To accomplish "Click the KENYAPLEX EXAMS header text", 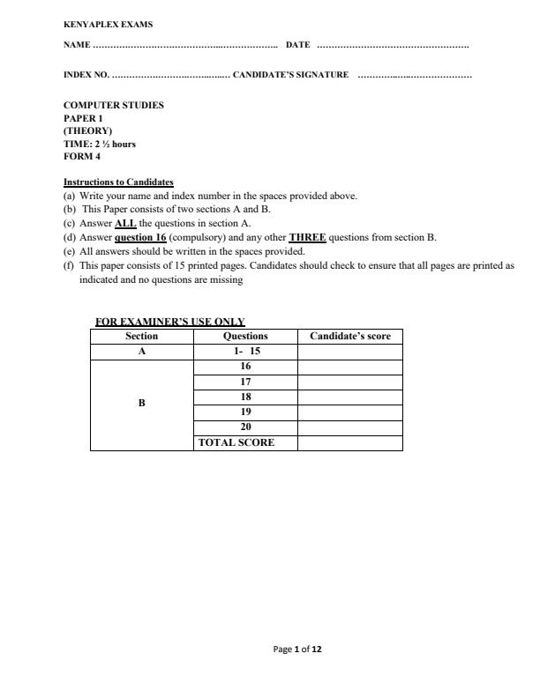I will click(101, 25).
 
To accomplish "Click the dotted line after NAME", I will click(184, 45).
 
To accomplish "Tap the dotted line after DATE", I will click(393, 45).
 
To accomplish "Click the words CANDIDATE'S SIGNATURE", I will click(291, 75).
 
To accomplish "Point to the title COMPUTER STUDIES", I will click(114, 105).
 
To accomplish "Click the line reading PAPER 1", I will click(83, 117).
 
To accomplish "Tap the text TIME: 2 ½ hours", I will click(100, 144).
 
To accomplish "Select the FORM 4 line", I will click(82, 156).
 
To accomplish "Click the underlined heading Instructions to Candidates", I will click(118, 182).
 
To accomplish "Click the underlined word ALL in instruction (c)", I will click(125, 224).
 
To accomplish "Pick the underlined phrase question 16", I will click(140, 237).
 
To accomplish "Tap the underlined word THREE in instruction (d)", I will click(308, 237).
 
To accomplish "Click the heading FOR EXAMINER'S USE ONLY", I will click(170, 322).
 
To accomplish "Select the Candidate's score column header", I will click(350, 336).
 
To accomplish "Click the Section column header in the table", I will click(141, 336).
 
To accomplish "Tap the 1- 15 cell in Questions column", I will click(245, 351).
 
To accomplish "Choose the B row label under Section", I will click(141, 403).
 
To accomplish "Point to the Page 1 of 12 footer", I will click(298, 650).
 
